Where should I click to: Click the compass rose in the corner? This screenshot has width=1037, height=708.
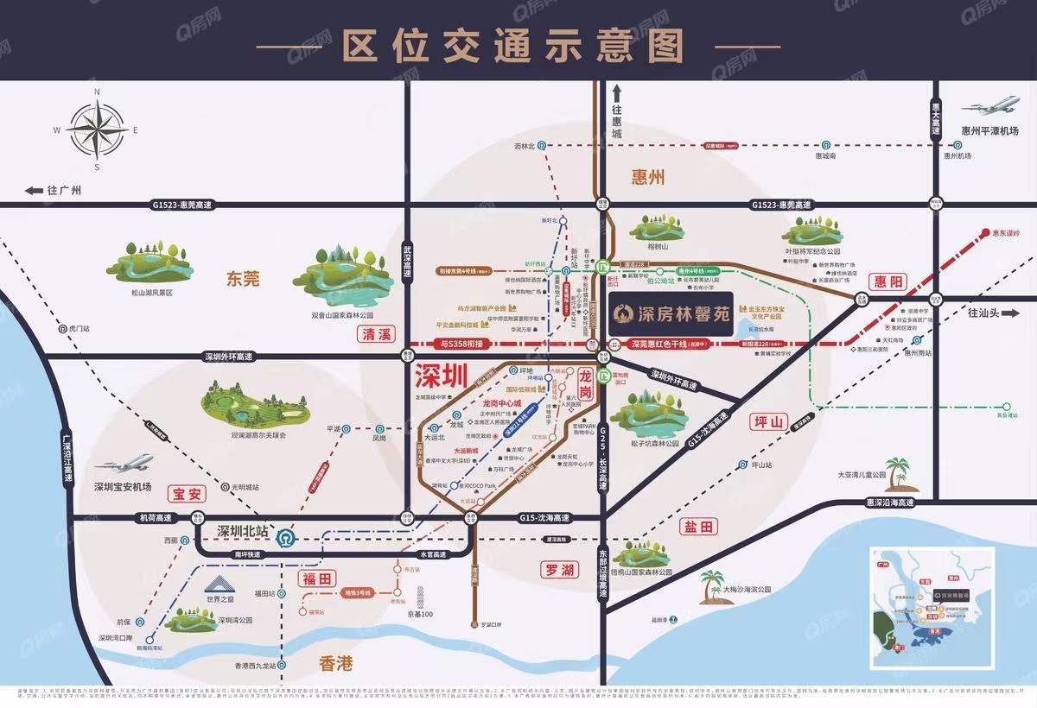pyautogui.click(x=97, y=130)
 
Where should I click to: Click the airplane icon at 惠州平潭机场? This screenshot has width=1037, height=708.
pyautogui.click(x=991, y=107)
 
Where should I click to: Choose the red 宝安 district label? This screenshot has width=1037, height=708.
pyautogui.click(x=187, y=495)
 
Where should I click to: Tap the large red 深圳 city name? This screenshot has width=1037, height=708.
pyautogui.click(x=442, y=377)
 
